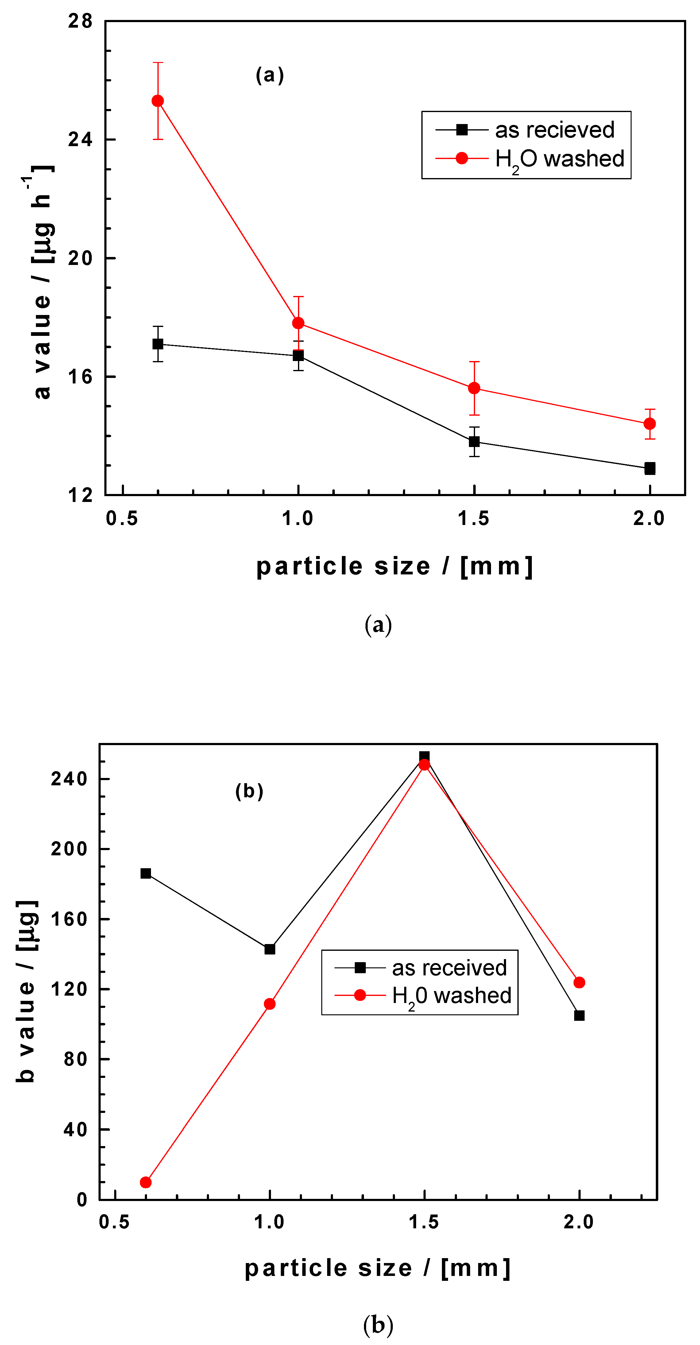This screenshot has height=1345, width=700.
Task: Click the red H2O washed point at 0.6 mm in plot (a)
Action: tap(158, 101)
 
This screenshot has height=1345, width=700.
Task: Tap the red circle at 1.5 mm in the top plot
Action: tap(474, 388)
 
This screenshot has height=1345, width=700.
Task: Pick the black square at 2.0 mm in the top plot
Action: tap(649, 468)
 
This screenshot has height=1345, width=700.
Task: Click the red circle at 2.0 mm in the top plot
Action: tap(649, 423)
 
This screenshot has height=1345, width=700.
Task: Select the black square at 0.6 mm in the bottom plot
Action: tap(146, 873)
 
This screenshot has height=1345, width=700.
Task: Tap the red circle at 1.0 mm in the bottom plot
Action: tap(269, 1004)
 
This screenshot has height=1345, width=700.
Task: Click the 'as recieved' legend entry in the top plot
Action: tap(554, 130)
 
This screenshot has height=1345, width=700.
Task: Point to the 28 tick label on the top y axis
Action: tap(80, 21)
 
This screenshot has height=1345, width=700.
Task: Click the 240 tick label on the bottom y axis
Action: tap(69, 779)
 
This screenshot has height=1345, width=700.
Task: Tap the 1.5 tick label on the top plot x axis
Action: tap(474, 519)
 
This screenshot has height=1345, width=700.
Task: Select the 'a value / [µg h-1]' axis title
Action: tap(42, 282)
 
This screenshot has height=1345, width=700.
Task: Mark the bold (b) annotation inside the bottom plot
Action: tap(249, 791)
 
